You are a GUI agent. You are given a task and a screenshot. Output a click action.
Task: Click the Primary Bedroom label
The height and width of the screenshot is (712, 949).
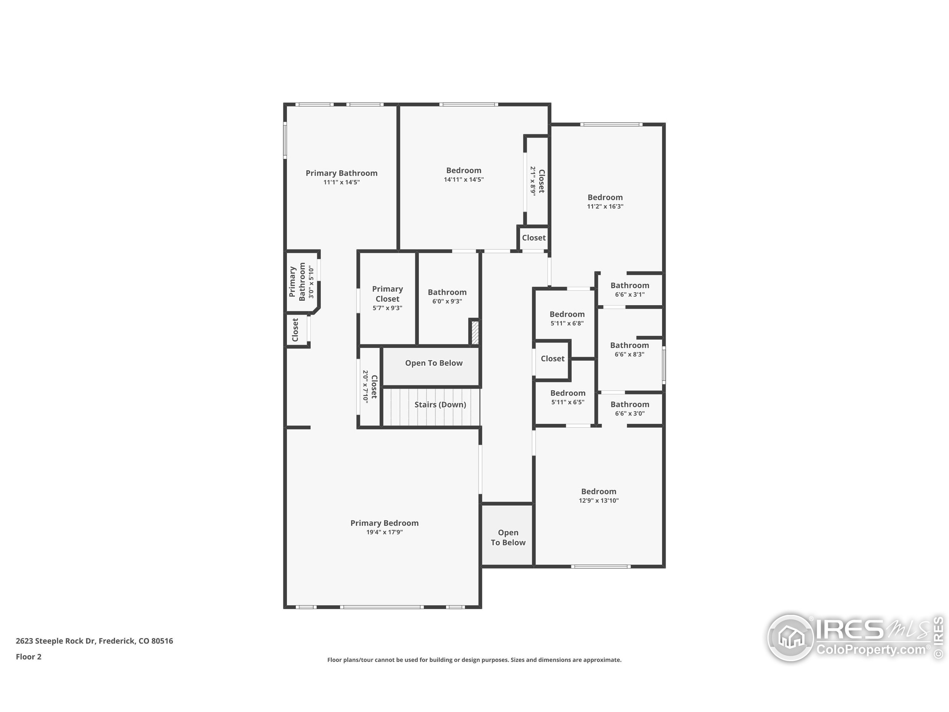coord(384,523)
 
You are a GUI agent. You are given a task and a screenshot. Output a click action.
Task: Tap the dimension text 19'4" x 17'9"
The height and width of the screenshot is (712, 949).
coord(384,532)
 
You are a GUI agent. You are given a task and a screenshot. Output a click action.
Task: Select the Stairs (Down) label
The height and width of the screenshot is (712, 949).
coord(440,404)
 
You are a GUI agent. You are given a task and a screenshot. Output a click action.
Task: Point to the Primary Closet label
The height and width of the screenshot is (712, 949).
coord(387,294)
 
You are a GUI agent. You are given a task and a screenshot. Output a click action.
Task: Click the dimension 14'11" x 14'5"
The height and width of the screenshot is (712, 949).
coord(464,179)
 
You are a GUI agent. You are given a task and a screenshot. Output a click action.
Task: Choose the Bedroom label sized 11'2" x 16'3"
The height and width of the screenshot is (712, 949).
coord(605,197)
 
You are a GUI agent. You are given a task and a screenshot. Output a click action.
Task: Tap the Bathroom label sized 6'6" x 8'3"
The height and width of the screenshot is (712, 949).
coord(629,345)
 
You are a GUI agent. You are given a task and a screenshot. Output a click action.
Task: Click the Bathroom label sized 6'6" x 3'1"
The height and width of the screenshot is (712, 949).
coord(630,286)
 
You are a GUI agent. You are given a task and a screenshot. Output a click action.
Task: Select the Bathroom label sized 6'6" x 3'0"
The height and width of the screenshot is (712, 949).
coord(630,404)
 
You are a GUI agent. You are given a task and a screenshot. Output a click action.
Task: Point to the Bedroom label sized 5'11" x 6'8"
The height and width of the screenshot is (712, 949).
coord(567,314)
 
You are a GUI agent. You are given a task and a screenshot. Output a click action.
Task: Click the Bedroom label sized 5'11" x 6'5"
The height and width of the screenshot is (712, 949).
coord(568,393)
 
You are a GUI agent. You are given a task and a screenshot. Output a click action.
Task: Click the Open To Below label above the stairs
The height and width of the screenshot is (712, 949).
coord(434,363)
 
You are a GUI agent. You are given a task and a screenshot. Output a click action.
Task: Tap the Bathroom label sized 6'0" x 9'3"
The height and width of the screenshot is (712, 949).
coord(447,292)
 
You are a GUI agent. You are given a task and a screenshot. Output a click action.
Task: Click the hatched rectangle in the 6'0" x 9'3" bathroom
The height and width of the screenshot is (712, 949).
coord(475,332)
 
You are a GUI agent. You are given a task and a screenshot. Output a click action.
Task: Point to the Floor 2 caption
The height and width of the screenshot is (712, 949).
coord(29,657)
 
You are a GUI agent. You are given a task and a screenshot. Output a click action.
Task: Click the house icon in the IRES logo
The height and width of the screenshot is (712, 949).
coord(790,637)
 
